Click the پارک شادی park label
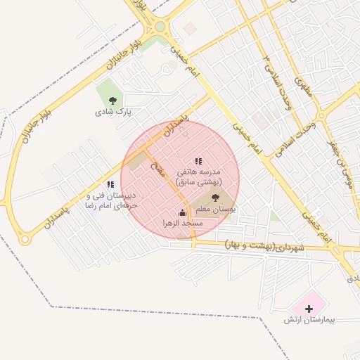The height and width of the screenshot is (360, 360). tap(114, 111)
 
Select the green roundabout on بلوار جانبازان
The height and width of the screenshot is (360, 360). tap(160, 27)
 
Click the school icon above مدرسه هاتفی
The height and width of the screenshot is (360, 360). tap(198, 161)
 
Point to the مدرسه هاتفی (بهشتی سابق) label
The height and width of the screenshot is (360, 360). tap(198, 176)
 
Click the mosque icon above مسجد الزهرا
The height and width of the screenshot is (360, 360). tap(183, 212)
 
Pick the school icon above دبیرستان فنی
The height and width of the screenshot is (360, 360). tap(110, 184)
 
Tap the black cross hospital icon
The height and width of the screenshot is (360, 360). tap(308, 309)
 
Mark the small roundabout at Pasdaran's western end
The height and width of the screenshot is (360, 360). tap(25, 239)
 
